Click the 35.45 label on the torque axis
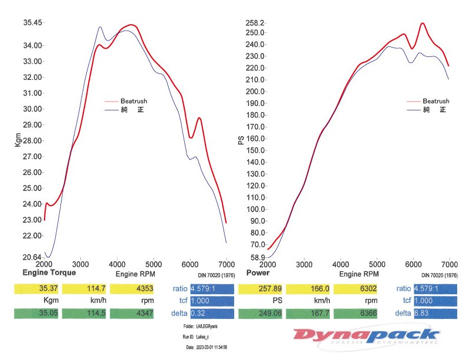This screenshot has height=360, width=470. [x=32, y=23]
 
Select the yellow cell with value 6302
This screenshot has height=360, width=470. [x=356, y=288]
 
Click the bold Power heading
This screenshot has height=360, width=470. [x=258, y=273]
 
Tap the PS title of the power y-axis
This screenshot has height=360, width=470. [x=240, y=140]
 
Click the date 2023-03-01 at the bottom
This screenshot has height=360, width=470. [x=207, y=347]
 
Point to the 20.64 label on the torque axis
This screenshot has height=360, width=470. [x=32, y=257]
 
